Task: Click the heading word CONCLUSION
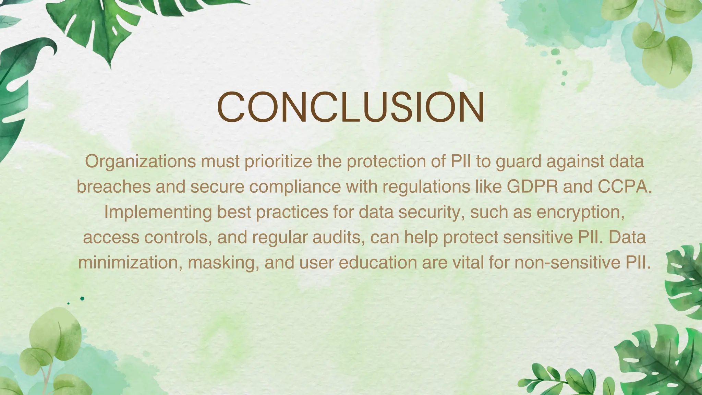[x=351, y=107]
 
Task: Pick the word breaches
[x=113, y=187]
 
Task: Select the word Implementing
[x=158, y=212]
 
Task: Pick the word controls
[x=176, y=238]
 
